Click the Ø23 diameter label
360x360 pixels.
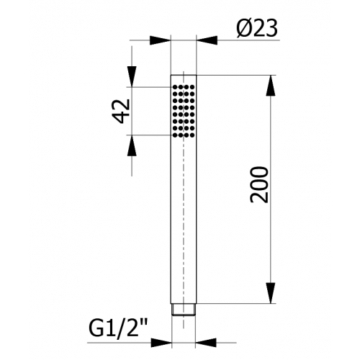coord(257,28)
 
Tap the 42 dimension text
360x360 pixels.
coord(122,111)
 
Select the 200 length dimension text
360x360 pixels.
coord(258,185)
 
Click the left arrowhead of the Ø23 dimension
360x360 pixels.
coord(160,40)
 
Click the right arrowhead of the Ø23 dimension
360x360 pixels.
coord(207,40)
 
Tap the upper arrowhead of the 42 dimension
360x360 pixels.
coord(132,76)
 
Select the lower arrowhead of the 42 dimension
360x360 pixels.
coord(132,145)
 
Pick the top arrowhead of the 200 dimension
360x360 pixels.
coord(271,86)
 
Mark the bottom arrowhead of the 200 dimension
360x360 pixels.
coord(271,293)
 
